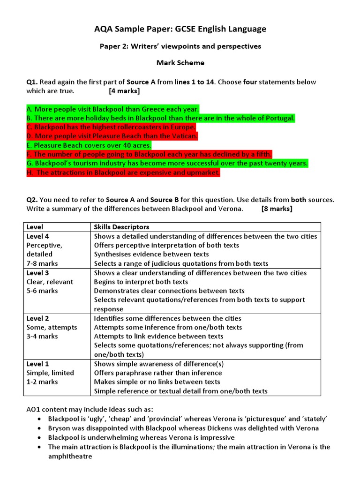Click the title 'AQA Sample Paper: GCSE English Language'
[180, 29]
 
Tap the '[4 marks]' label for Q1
[124, 91]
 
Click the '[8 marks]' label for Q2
[277, 209]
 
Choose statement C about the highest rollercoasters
[111, 127]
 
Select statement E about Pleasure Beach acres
[89, 145]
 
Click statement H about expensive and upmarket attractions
[123, 172]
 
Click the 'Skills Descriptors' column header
[121, 227]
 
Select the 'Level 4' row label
[37, 236]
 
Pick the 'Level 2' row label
[37, 318]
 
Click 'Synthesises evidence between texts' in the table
[151, 254]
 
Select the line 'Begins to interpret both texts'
[141, 282]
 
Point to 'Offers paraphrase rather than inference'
[157, 373]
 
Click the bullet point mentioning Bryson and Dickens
[183, 428]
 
